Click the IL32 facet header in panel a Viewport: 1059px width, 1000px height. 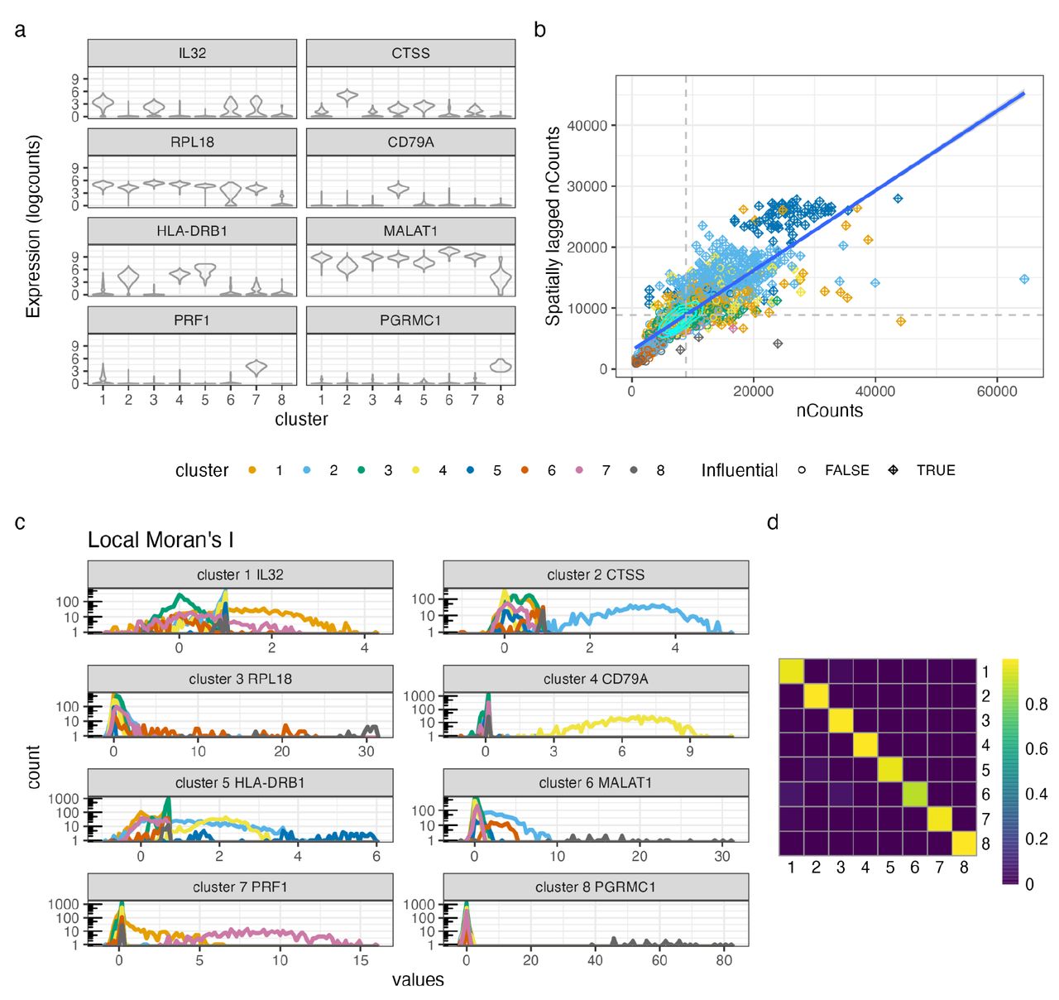point(192,53)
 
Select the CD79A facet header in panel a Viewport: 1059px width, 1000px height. point(410,142)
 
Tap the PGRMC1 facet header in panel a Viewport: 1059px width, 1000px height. point(410,320)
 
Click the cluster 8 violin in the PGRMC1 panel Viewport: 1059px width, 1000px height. point(501,366)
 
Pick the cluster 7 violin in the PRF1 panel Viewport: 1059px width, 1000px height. point(256,368)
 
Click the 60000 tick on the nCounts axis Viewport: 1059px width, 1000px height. point(996,392)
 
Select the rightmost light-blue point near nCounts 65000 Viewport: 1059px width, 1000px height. point(1024,280)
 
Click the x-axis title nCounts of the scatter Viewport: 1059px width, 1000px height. point(829,411)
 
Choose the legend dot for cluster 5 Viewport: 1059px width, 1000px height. point(471,470)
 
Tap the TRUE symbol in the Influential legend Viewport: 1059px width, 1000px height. point(894,470)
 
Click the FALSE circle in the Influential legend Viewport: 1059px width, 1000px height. point(802,470)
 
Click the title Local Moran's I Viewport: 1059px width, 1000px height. point(161,541)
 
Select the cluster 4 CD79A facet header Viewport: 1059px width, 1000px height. point(596,679)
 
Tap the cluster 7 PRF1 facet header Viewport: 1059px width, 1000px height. point(240,887)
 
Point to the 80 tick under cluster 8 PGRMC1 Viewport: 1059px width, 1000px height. point(724,960)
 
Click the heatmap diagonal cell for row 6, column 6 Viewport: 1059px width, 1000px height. point(914,795)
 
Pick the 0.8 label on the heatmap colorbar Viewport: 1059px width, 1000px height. point(1036,704)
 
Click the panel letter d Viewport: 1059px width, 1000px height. point(773,522)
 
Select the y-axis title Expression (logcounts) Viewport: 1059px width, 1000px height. point(33,226)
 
